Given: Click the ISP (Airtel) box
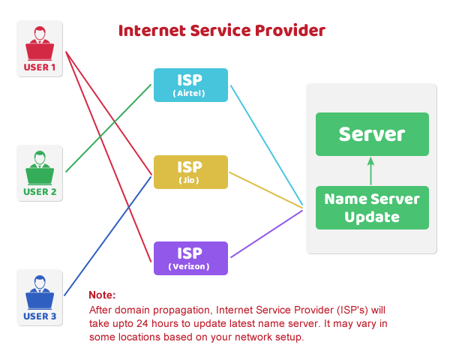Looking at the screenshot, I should point(190,85).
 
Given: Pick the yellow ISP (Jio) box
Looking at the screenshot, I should point(190,172).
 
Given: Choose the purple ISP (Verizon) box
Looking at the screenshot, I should point(190,258).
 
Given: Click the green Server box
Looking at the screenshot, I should point(372,134).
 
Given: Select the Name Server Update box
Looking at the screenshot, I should point(372,208).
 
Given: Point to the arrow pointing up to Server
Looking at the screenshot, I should point(369,171).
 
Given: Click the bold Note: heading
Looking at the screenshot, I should point(102,295).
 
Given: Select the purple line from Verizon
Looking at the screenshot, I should point(267,234).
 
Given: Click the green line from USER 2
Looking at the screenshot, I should point(108,128).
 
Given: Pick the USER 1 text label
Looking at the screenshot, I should point(40,67).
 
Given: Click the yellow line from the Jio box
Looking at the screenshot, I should point(266,189).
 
